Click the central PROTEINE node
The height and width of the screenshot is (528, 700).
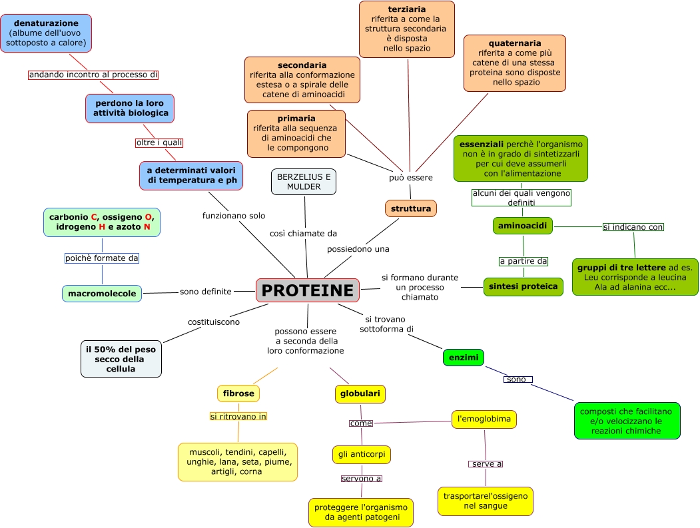(307, 290)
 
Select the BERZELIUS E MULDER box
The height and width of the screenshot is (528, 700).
(304, 182)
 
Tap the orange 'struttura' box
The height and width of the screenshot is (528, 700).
(411, 208)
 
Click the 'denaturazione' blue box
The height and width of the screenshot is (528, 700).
(46, 33)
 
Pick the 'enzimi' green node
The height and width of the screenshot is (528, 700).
(463, 358)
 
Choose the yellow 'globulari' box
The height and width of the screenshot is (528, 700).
(360, 394)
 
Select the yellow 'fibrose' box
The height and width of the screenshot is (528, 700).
(238, 394)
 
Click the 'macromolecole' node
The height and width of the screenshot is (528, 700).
(102, 293)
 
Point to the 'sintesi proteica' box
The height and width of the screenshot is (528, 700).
(523, 286)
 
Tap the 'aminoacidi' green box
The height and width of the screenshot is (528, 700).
(523, 226)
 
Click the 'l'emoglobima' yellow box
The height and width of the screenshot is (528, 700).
(484, 419)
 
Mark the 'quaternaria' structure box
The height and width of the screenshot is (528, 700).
(515, 63)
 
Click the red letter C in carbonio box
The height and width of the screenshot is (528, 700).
(95, 216)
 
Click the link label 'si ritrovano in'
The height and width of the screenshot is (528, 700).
(238, 417)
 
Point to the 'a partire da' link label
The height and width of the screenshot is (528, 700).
(524, 261)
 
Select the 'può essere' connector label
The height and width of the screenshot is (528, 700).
(411, 178)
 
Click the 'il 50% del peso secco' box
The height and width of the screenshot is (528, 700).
(121, 359)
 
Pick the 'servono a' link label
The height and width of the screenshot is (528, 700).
(362, 478)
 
